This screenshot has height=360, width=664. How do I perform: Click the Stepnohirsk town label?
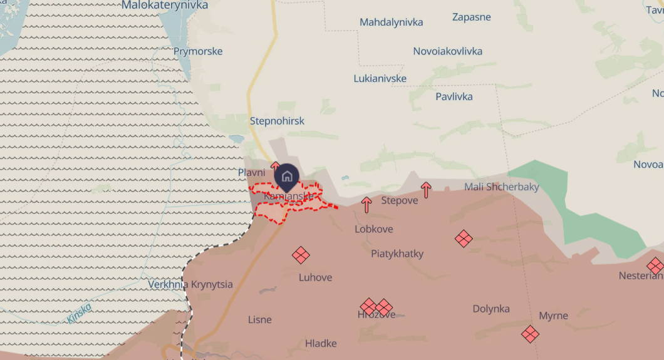point(277,121)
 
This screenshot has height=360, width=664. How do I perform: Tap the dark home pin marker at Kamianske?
point(287,177)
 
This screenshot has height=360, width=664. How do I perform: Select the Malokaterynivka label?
point(165,6)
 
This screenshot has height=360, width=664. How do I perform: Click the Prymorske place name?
point(198,51)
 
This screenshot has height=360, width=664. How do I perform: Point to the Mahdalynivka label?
point(391,23)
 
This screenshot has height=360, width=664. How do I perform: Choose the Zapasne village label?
point(471,17)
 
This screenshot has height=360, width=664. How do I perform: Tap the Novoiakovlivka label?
point(447,51)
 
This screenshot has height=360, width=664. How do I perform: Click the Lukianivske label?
point(380,79)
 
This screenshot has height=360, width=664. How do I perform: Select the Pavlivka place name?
point(454,96)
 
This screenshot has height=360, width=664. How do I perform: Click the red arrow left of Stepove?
point(366,204)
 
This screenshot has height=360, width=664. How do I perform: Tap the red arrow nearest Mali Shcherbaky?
point(426,190)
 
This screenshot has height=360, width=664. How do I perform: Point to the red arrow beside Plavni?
point(275,167)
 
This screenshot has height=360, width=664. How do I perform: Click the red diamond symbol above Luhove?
point(301,254)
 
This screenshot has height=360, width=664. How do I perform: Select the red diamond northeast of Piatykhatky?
point(464,238)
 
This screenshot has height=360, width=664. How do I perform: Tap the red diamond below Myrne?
point(530,334)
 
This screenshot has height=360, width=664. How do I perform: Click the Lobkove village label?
point(373,229)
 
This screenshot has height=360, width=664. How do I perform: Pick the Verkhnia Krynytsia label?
point(190,284)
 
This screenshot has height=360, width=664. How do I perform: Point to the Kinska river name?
point(79,313)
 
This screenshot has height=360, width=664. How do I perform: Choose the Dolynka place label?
point(490,309)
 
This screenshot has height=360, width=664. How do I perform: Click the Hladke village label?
point(321,343)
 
